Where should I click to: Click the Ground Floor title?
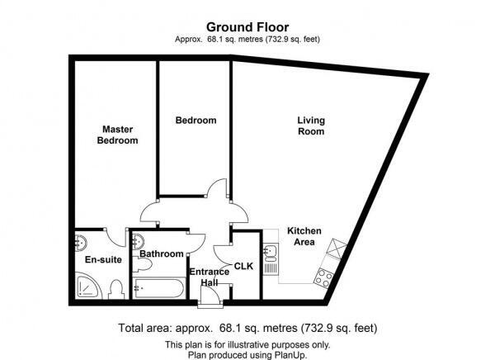[247, 27]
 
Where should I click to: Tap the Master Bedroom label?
[117, 135]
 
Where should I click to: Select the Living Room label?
[311, 126]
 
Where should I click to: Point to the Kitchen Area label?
[304, 236]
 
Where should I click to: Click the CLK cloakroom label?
[243, 266]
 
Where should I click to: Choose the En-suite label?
[103, 260]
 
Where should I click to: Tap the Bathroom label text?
[162, 253]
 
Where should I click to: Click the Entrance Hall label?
[209, 277]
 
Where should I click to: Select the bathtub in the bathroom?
[158, 288]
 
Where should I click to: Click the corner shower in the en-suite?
[87, 286]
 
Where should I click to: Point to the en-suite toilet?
[115, 290]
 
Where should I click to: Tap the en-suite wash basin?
[81, 243]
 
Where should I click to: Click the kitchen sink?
[271, 252]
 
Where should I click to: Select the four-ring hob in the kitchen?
[323, 278]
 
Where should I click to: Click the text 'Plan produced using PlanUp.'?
[247, 355]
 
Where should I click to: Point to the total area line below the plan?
[247, 328]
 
